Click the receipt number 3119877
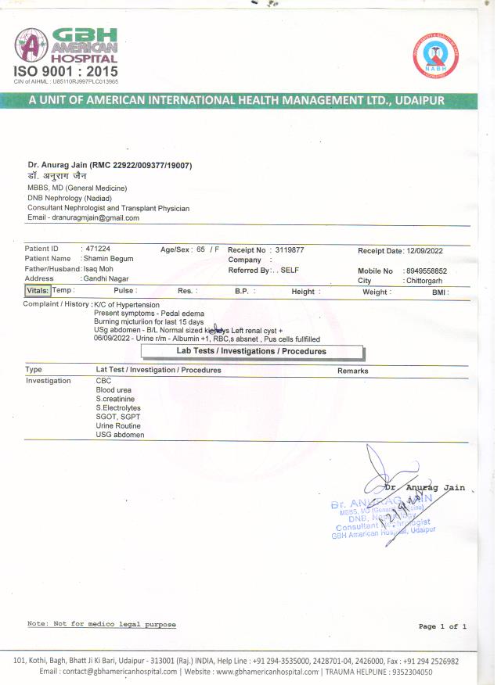(290, 249)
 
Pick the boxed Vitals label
(38, 291)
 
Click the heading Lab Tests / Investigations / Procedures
(240, 351)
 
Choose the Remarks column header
(353, 371)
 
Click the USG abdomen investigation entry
(120, 435)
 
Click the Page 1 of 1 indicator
(442, 626)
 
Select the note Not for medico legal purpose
(102, 624)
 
